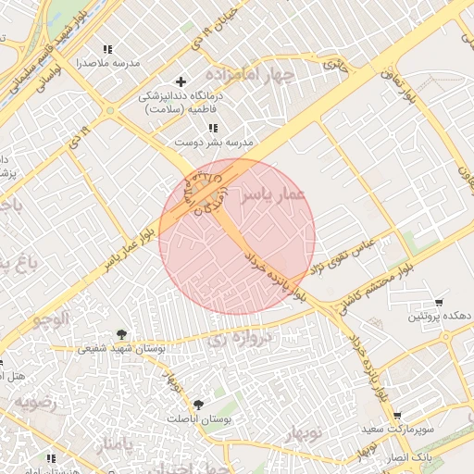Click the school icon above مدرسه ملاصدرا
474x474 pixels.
click(107, 48)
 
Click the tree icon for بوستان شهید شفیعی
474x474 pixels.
click(120, 334)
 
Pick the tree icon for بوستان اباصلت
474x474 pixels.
click(198, 405)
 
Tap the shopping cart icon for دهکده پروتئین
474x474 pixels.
click(438, 302)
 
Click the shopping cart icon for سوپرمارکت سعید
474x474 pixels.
click(396, 417)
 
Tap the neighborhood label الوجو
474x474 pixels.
click(52, 319)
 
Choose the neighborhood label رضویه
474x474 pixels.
click(34, 403)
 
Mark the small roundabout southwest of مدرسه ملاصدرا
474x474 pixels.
click(110, 111)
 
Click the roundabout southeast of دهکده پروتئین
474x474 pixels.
click(452, 336)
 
